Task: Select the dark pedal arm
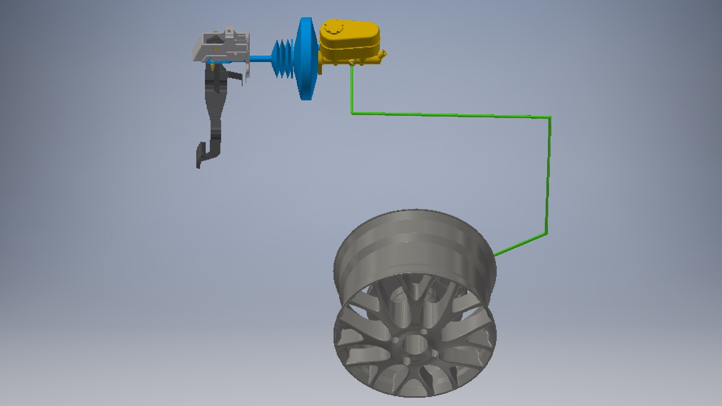(215, 113)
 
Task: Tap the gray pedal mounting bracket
(222, 47)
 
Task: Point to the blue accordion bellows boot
(283, 59)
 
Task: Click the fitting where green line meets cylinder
(352, 64)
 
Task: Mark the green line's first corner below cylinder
(352, 112)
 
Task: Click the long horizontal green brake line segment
(451, 115)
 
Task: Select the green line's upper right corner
(550, 118)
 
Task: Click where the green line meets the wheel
(495, 255)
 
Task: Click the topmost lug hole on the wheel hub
(424, 332)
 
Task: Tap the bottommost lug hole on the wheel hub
(407, 361)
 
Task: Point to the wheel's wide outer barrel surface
(414, 244)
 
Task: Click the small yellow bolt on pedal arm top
(212, 67)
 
